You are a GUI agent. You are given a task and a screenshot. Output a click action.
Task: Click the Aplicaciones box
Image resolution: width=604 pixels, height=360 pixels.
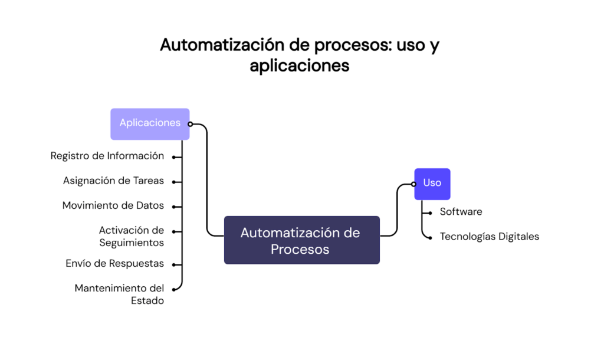150,123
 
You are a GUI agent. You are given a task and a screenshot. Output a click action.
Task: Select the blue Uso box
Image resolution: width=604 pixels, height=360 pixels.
432,184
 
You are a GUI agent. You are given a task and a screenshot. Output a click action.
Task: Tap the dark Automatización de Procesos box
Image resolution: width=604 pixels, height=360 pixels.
301,240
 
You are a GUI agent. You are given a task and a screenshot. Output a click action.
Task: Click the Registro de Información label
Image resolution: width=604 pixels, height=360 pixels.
107,156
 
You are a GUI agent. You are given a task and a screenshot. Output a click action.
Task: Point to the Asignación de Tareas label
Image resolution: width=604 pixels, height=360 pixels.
113,181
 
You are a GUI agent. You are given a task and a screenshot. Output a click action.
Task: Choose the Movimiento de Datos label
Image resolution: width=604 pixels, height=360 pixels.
113,205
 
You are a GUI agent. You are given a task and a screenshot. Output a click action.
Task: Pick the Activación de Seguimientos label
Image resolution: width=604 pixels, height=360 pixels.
132,236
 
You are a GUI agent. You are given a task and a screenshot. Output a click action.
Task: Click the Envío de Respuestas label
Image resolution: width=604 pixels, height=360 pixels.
115,263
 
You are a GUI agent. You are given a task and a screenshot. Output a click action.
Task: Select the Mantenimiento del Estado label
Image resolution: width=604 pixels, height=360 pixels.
120,294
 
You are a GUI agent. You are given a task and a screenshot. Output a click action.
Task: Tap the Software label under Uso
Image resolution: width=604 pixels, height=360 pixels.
461,211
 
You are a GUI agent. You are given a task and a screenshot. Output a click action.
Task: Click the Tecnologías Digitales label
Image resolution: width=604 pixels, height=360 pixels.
489,236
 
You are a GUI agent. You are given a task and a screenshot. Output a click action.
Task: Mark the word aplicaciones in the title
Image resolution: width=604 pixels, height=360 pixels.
299,65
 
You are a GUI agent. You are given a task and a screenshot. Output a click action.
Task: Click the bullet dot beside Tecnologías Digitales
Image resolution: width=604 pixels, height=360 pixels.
430,237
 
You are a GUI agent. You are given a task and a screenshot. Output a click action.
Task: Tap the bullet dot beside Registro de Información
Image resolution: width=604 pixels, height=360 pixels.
173,157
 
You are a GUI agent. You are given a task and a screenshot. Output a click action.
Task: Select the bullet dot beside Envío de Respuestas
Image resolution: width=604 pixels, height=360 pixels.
173,264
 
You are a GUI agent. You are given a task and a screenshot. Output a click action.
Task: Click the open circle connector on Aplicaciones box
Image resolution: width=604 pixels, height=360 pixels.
190,124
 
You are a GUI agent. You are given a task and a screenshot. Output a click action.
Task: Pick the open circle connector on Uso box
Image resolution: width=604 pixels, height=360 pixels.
413,184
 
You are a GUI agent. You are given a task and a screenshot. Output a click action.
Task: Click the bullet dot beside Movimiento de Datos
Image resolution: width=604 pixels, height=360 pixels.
173,207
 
